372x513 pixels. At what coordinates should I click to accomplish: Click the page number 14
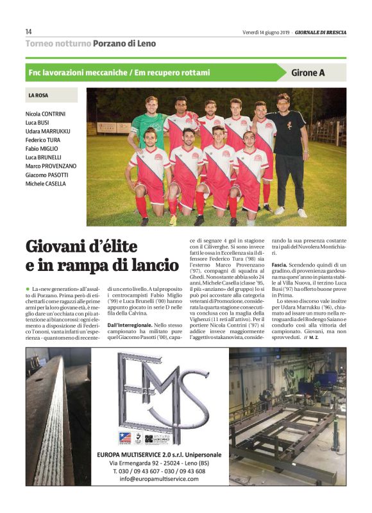click(29, 31)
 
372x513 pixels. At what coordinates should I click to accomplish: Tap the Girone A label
click(308, 73)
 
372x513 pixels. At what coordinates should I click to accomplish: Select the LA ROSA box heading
click(38, 96)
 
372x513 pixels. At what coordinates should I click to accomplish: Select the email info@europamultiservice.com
click(159, 479)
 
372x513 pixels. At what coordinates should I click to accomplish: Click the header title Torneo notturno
click(57, 43)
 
